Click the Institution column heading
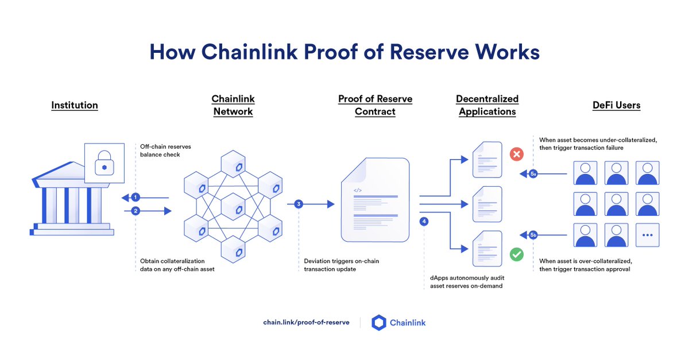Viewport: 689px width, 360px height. [75, 105]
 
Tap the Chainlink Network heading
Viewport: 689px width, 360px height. [233, 105]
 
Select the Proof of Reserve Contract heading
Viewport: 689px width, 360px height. [375, 105]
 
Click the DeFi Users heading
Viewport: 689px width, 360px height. [616, 105]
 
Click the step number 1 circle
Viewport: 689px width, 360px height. [136, 198]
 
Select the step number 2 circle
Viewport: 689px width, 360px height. [136, 211]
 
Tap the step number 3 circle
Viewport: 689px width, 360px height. [299, 204]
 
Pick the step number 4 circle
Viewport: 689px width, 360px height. [424, 222]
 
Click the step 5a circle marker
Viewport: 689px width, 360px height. [533, 173]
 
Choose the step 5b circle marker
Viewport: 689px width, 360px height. [533, 235]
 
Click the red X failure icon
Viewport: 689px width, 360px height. [517, 154]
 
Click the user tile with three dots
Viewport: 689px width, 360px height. [647, 235]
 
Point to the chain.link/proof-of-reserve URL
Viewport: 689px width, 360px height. [306, 323]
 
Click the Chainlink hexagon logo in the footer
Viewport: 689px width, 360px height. [379, 323]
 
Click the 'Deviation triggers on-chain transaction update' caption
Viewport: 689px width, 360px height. [341, 265]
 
